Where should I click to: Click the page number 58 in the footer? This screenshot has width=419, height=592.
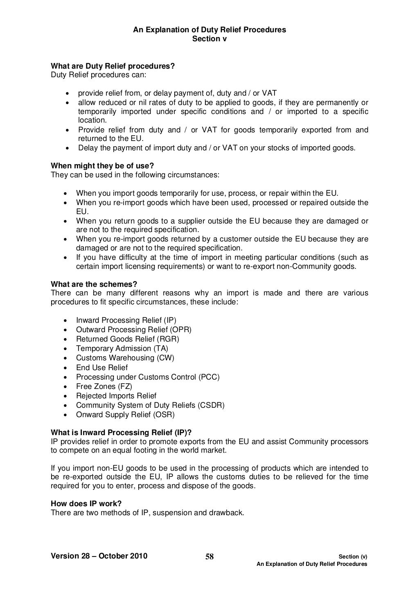coord(209,557)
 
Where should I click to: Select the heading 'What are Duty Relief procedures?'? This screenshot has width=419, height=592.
coord(113,66)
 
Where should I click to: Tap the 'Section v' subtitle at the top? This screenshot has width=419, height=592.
coord(209,39)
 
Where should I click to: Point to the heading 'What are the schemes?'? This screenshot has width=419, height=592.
coord(94,284)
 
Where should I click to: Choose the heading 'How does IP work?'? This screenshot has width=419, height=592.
coord(86,504)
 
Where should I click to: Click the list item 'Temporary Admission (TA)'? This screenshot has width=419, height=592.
coord(122,348)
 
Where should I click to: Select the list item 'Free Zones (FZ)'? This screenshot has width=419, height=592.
coord(104,386)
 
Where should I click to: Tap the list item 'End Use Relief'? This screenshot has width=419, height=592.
coord(102,367)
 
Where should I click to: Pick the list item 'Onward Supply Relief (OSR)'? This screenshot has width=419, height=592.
coord(125,415)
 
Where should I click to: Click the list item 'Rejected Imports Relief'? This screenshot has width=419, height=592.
coord(116,396)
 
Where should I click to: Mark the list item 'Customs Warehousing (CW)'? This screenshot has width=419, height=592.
coord(125,358)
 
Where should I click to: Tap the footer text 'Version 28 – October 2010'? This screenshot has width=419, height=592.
coord(99,556)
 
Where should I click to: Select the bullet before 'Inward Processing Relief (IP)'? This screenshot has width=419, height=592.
coord(66,321)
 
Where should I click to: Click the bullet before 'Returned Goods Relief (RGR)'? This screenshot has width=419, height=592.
coord(66,340)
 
